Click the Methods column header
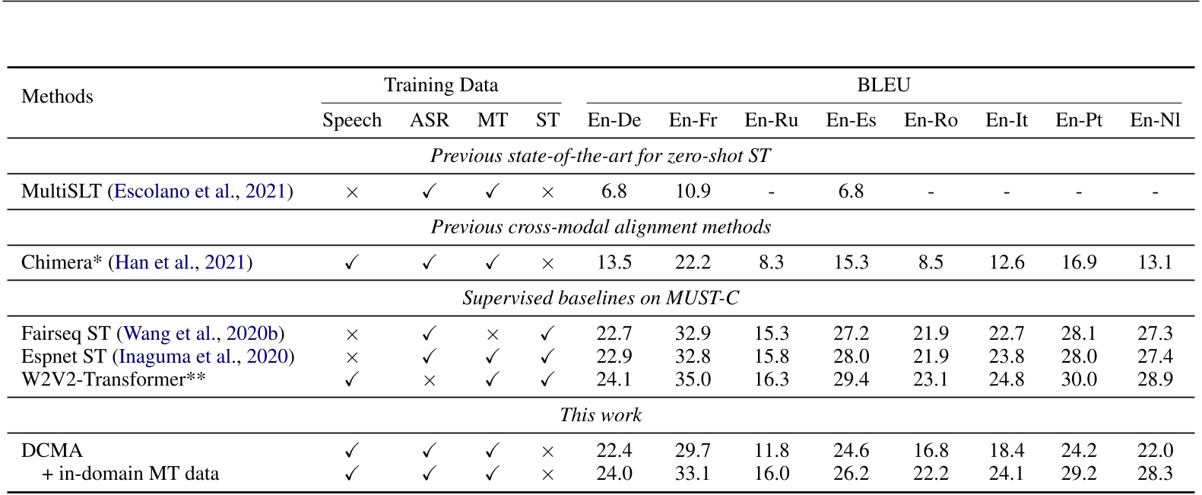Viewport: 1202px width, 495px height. tap(57, 97)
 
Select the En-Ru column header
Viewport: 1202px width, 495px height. tap(771, 120)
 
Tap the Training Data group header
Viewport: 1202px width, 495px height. tap(441, 85)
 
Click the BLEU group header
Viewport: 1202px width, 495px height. tap(883, 85)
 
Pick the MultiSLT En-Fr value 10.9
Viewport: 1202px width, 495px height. tap(693, 192)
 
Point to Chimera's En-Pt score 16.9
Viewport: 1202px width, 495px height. tap(1079, 262)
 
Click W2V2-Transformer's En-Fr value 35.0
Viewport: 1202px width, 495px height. tap(693, 379)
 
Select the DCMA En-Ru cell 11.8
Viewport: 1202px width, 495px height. tap(771, 451)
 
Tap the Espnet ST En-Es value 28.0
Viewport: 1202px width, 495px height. tap(851, 357)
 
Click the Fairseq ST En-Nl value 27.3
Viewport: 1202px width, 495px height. tap(1155, 334)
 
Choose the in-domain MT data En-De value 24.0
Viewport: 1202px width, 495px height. tap(614, 474)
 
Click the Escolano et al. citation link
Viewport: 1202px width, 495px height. tap(174, 192)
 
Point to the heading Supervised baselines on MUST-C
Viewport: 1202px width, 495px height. tap(601, 298)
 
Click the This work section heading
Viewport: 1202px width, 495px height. tap(601, 415)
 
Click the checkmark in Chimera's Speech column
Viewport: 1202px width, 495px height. tap(351, 263)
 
